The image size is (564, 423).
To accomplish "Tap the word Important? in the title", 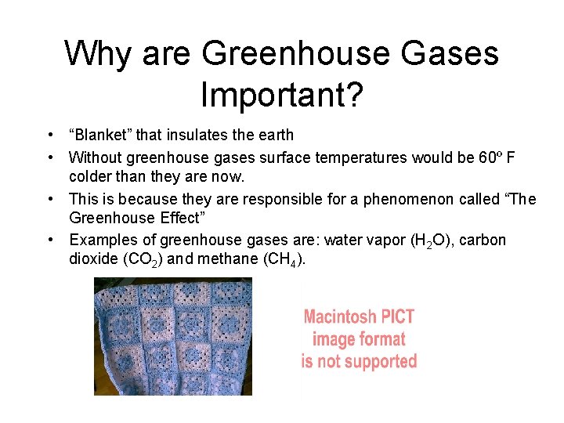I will point(281,94).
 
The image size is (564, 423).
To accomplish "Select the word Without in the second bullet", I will point(94,158).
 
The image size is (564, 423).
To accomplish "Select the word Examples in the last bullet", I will point(99,240).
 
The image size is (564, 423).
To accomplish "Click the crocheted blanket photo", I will point(172,337).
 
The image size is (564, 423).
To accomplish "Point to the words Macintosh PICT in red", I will point(359,317).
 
